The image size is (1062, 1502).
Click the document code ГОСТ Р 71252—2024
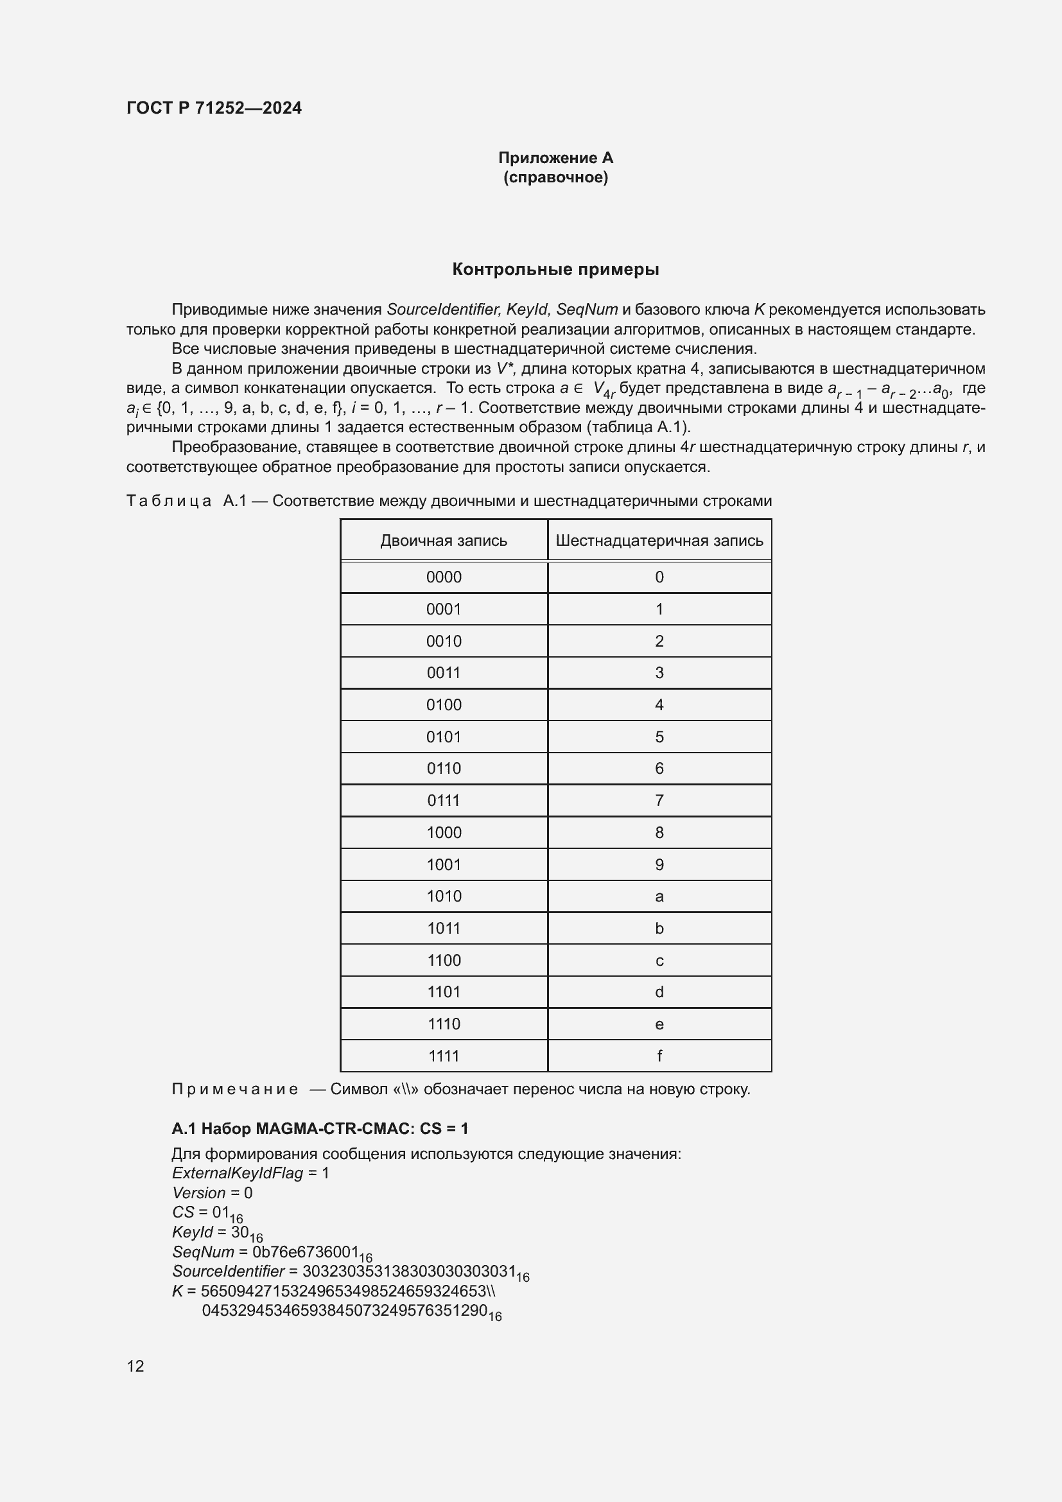(214, 108)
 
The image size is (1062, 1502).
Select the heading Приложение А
(555, 158)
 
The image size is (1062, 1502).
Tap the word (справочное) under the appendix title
(555, 177)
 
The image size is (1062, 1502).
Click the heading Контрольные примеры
(555, 270)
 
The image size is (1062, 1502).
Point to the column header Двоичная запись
(444, 540)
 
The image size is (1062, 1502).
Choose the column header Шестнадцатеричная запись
(659, 540)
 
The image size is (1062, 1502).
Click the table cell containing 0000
(444, 577)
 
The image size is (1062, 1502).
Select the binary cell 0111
(444, 801)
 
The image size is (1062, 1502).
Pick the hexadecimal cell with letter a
(659, 896)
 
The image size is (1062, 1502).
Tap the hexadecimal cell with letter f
(659, 1056)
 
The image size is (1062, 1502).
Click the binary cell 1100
(444, 960)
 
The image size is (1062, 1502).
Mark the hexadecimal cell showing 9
(659, 865)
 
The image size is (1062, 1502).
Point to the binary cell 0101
(444, 737)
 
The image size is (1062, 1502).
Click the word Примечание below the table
(235, 1089)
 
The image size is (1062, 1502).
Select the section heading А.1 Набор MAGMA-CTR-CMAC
(320, 1128)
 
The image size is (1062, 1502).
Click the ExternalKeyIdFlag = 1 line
(250, 1173)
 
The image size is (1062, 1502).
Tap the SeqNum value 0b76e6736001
(306, 1252)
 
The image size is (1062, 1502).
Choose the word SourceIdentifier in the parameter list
(228, 1271)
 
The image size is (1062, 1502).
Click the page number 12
(135, 1366)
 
